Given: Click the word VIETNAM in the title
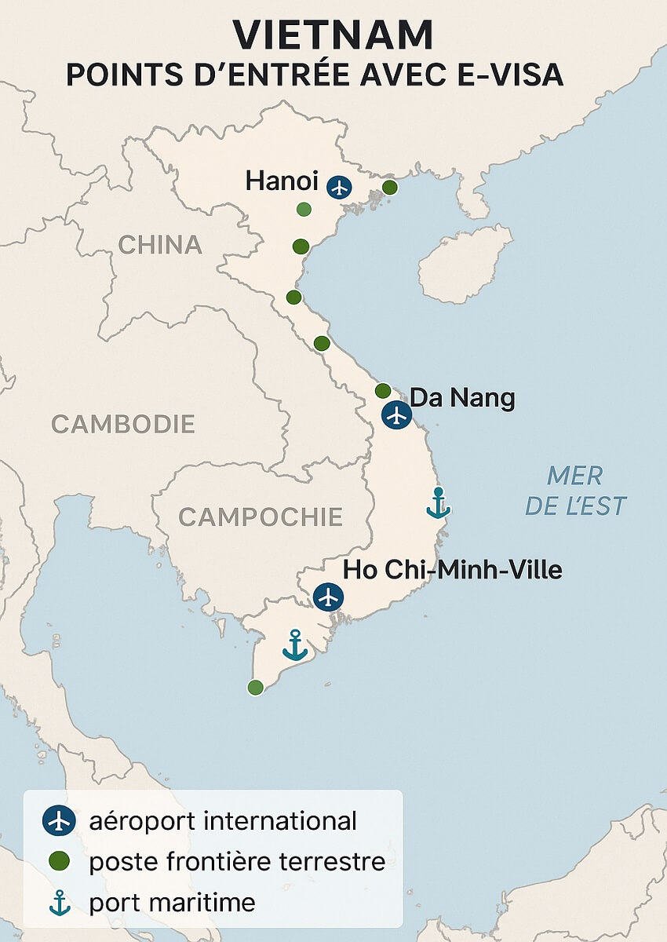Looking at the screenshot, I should pyautogui.click(x=333, y=35).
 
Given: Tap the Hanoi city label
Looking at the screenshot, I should pyautogui.click(x=282, y=182).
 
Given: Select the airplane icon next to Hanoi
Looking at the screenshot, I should pyautogui.click(x=339, y=187).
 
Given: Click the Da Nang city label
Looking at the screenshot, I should pyautogui.click(x=462, y=398).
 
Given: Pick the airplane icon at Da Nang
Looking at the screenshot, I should pyautogui.click(x=397, y=414).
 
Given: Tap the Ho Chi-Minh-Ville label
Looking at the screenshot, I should pyautogui.click(x=453, y=570).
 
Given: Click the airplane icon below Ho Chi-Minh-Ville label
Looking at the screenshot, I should pyautogui.click(x=328, y=597).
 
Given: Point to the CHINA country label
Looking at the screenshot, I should pyautogui.click(x=160, y=245).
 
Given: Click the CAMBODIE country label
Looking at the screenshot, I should pyautogui.click(x=123, y=424).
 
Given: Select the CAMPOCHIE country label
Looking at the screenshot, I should pyautogui.click(x=261, y=517).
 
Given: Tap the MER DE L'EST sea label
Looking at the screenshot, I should pyautogui.click(x=575, y=491).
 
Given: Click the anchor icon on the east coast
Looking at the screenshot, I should pyautogui.click(x=438, y=503).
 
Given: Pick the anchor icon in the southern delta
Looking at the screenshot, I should pyautogui.click(x=295, y=644).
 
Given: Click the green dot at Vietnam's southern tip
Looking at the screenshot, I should pyautogui.click(x=255, y=688).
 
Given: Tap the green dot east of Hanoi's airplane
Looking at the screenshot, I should pyautogui.click(x=389, y=187).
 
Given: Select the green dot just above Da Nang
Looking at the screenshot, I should pyautogui.click(x=383, y=390).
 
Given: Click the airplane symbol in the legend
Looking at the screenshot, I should pyautogui.click(x=59, y=821).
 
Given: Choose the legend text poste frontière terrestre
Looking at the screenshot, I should pyautogui.click(x=237, y=862).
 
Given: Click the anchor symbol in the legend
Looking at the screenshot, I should pyautogui.click(x=59, y=904).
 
